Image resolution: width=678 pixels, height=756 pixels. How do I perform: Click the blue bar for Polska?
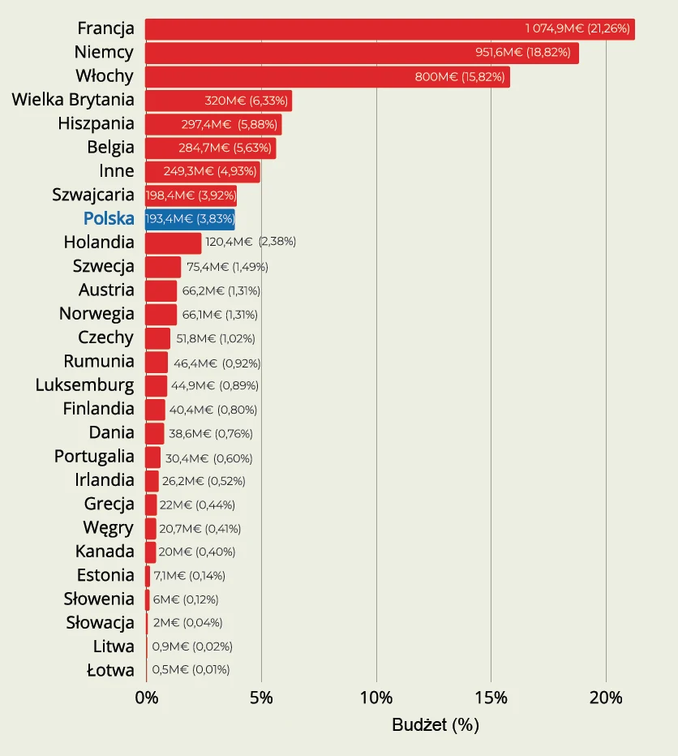190,219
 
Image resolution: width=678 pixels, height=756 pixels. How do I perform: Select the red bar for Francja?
389,29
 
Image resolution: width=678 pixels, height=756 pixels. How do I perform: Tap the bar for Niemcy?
362,53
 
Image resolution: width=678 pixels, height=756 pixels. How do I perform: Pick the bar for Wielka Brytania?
218,101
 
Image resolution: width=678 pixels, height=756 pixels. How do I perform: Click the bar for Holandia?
173,243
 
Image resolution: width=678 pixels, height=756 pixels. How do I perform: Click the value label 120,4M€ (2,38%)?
251,242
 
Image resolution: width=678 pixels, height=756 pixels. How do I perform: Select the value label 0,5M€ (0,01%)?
191,670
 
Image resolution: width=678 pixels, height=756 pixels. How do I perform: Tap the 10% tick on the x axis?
376,698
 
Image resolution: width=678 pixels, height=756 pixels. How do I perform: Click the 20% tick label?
606,698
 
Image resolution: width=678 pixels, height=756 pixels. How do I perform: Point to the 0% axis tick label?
146,698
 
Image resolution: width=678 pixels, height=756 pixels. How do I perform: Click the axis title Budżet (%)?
436,725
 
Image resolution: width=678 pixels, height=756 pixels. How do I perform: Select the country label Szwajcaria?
93,195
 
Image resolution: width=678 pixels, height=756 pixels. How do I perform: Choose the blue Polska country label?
109,218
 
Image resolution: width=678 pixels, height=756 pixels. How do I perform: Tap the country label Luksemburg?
85,384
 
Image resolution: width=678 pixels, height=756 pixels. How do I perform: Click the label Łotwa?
110,670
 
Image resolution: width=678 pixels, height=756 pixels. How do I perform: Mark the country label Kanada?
105,552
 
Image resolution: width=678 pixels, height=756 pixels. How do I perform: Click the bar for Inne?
202,172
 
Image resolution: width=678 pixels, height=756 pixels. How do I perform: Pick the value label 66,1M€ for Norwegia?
220,315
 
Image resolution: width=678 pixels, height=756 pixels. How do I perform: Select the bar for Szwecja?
163,267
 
